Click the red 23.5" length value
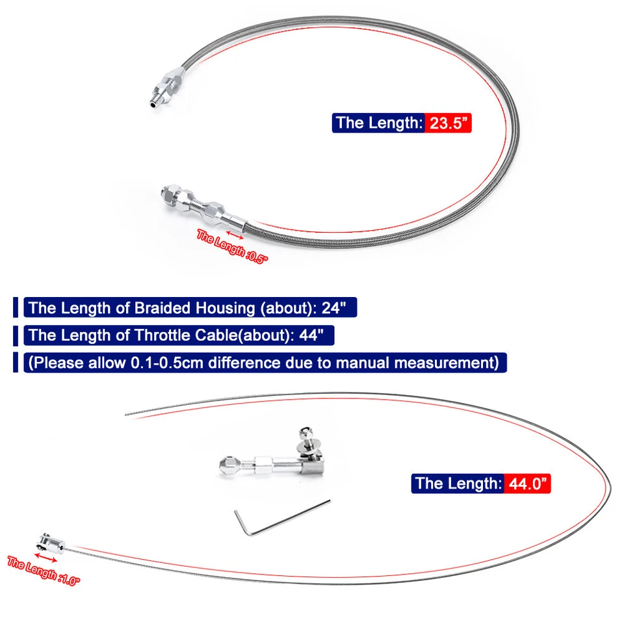(x=448, y=123)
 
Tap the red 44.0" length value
(x=526, y=483)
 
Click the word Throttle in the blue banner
(x=164, y=335)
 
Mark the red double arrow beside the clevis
(x=46, y=556)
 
